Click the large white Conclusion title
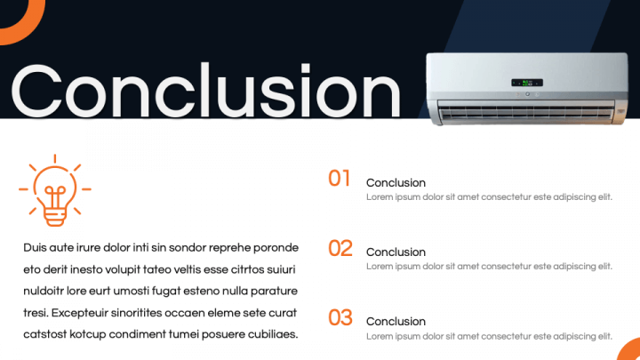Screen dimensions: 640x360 click(x=205, y=91)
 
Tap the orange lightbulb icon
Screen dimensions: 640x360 click(x=55, y=190)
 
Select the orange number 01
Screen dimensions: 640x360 click(x=340, y=179)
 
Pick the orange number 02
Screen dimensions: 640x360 click(x=340, y=248)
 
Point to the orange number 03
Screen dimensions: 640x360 click(x=340, y=317)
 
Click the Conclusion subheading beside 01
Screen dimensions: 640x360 click(x=396, y=183)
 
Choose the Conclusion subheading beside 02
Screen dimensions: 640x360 click(x=396, y=252)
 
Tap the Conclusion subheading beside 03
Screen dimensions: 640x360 click(x=396, y=322)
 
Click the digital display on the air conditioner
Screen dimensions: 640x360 click(x=527, y=83)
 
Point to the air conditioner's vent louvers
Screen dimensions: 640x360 click(x=526, y=111)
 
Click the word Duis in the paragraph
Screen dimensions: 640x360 click(x=35, y=248)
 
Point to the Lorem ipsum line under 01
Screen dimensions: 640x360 click(x=489, y=197)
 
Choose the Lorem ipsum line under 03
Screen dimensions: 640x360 click(x=489, y=336)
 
